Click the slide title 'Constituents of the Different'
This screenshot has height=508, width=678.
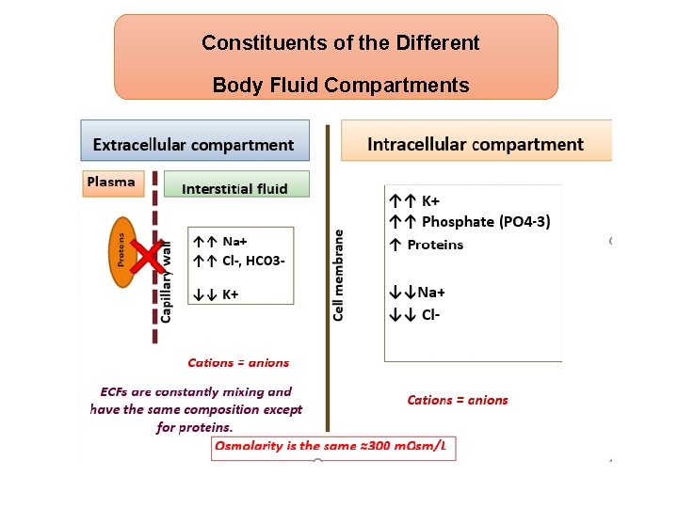[340, 43]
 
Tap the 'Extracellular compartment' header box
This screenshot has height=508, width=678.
[194, 145]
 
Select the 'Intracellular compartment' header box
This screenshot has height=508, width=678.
[476, 144]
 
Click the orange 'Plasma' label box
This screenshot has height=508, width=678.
[111, 183]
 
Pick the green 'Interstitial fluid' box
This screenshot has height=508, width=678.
[235, 188]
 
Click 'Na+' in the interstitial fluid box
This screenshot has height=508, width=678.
[234, 242]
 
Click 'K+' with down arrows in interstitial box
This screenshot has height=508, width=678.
[230, 294]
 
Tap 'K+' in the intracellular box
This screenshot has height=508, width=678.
[430, 200]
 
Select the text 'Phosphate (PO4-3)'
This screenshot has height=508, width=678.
[486, 222]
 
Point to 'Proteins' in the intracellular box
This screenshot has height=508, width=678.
[435, 245]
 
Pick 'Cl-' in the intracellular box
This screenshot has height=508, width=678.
[430, 315]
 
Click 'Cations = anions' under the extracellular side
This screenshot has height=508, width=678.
[238, 363]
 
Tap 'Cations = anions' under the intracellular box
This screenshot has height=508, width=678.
[458, 400]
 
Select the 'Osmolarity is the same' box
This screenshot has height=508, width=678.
[334, 446]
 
